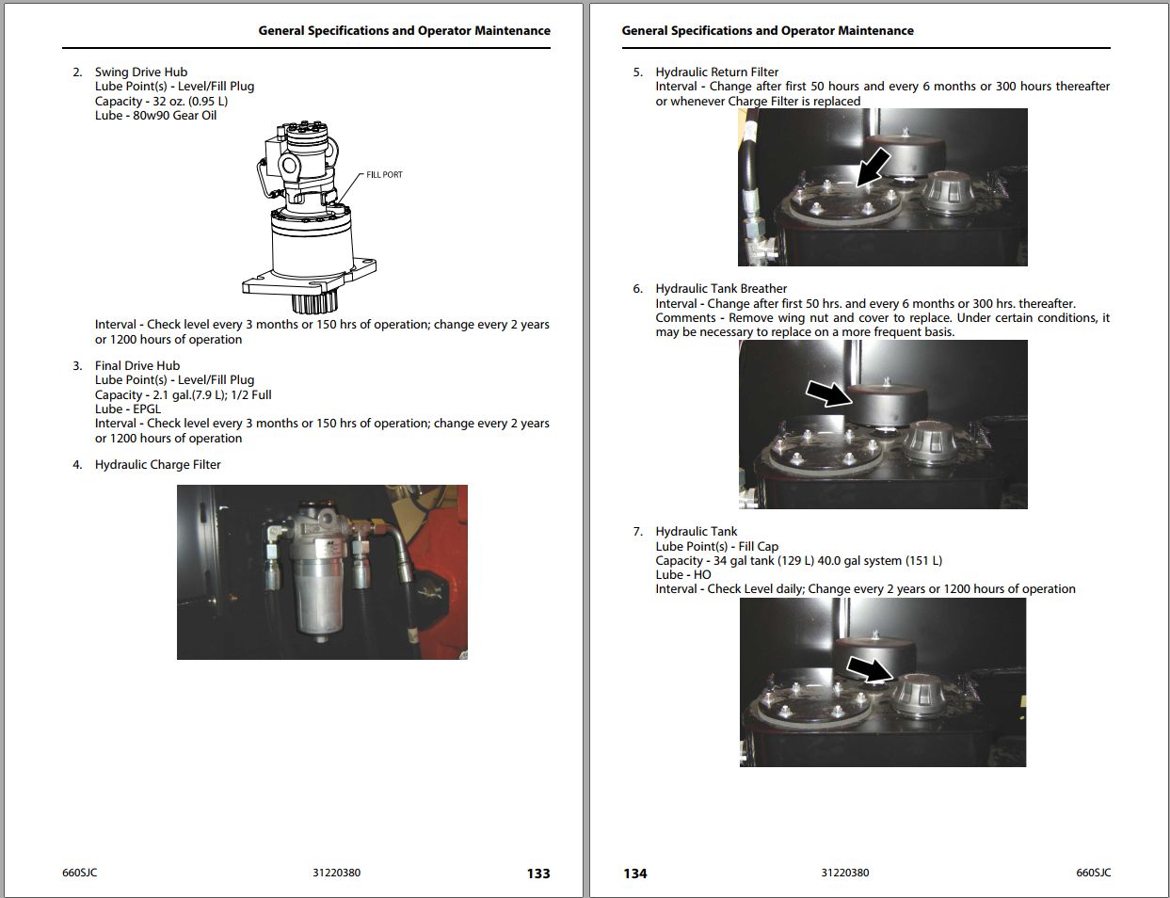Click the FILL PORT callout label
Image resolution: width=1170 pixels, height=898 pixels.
pyautogui.click(x=384, y=175)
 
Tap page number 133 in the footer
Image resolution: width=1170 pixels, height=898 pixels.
pyautogui.click(x=538, y=874)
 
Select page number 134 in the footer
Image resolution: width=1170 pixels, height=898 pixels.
pyautogui.click(x=635, y=874)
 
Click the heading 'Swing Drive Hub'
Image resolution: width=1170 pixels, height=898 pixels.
pyautogui.click(x=140, y=72)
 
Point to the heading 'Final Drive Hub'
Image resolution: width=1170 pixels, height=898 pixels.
pyautogui.click(x=136, y=365)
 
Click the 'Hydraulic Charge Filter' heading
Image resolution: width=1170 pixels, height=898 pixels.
pyautogui.click(x=157, y=464)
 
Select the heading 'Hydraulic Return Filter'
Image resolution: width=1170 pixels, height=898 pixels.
pyautogui.click(x=716, y=72)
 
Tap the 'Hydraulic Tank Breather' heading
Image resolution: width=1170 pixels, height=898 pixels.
pyautogui.click(x=721, y=289)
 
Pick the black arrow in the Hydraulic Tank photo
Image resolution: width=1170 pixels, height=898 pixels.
pyautogui.click(x=869, y=669)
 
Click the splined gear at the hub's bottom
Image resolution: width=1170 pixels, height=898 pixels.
pyautogui.click(x=311, y=303)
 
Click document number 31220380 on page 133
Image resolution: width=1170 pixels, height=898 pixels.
pyautogui.click(x=336, y=873)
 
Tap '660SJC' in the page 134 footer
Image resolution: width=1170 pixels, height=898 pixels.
pyautogui.click(x=1093, y=873)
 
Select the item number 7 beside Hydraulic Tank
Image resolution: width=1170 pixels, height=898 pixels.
pyautogui.click(x=637, y=532)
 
